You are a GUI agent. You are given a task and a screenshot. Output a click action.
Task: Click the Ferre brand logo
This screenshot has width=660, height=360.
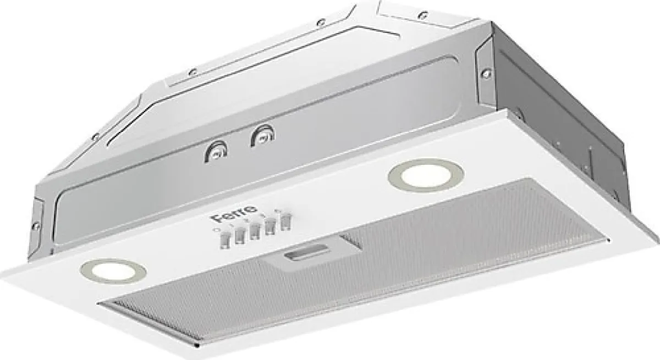tap(234, 214)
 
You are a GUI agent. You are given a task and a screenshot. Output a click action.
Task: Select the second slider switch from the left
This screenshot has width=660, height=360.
tap(240, 235)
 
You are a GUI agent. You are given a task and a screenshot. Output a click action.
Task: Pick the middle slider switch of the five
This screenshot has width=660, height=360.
tap(254, 231)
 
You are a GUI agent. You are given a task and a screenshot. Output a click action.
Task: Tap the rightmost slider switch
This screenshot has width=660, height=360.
tap(285, 222)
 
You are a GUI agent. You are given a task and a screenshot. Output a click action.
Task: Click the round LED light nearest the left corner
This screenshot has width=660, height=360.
tap(113, 271)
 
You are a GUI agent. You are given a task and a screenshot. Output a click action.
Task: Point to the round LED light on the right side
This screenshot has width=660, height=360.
tap(426, 176)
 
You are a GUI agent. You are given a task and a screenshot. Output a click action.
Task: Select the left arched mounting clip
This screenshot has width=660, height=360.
tap(216, 151)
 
